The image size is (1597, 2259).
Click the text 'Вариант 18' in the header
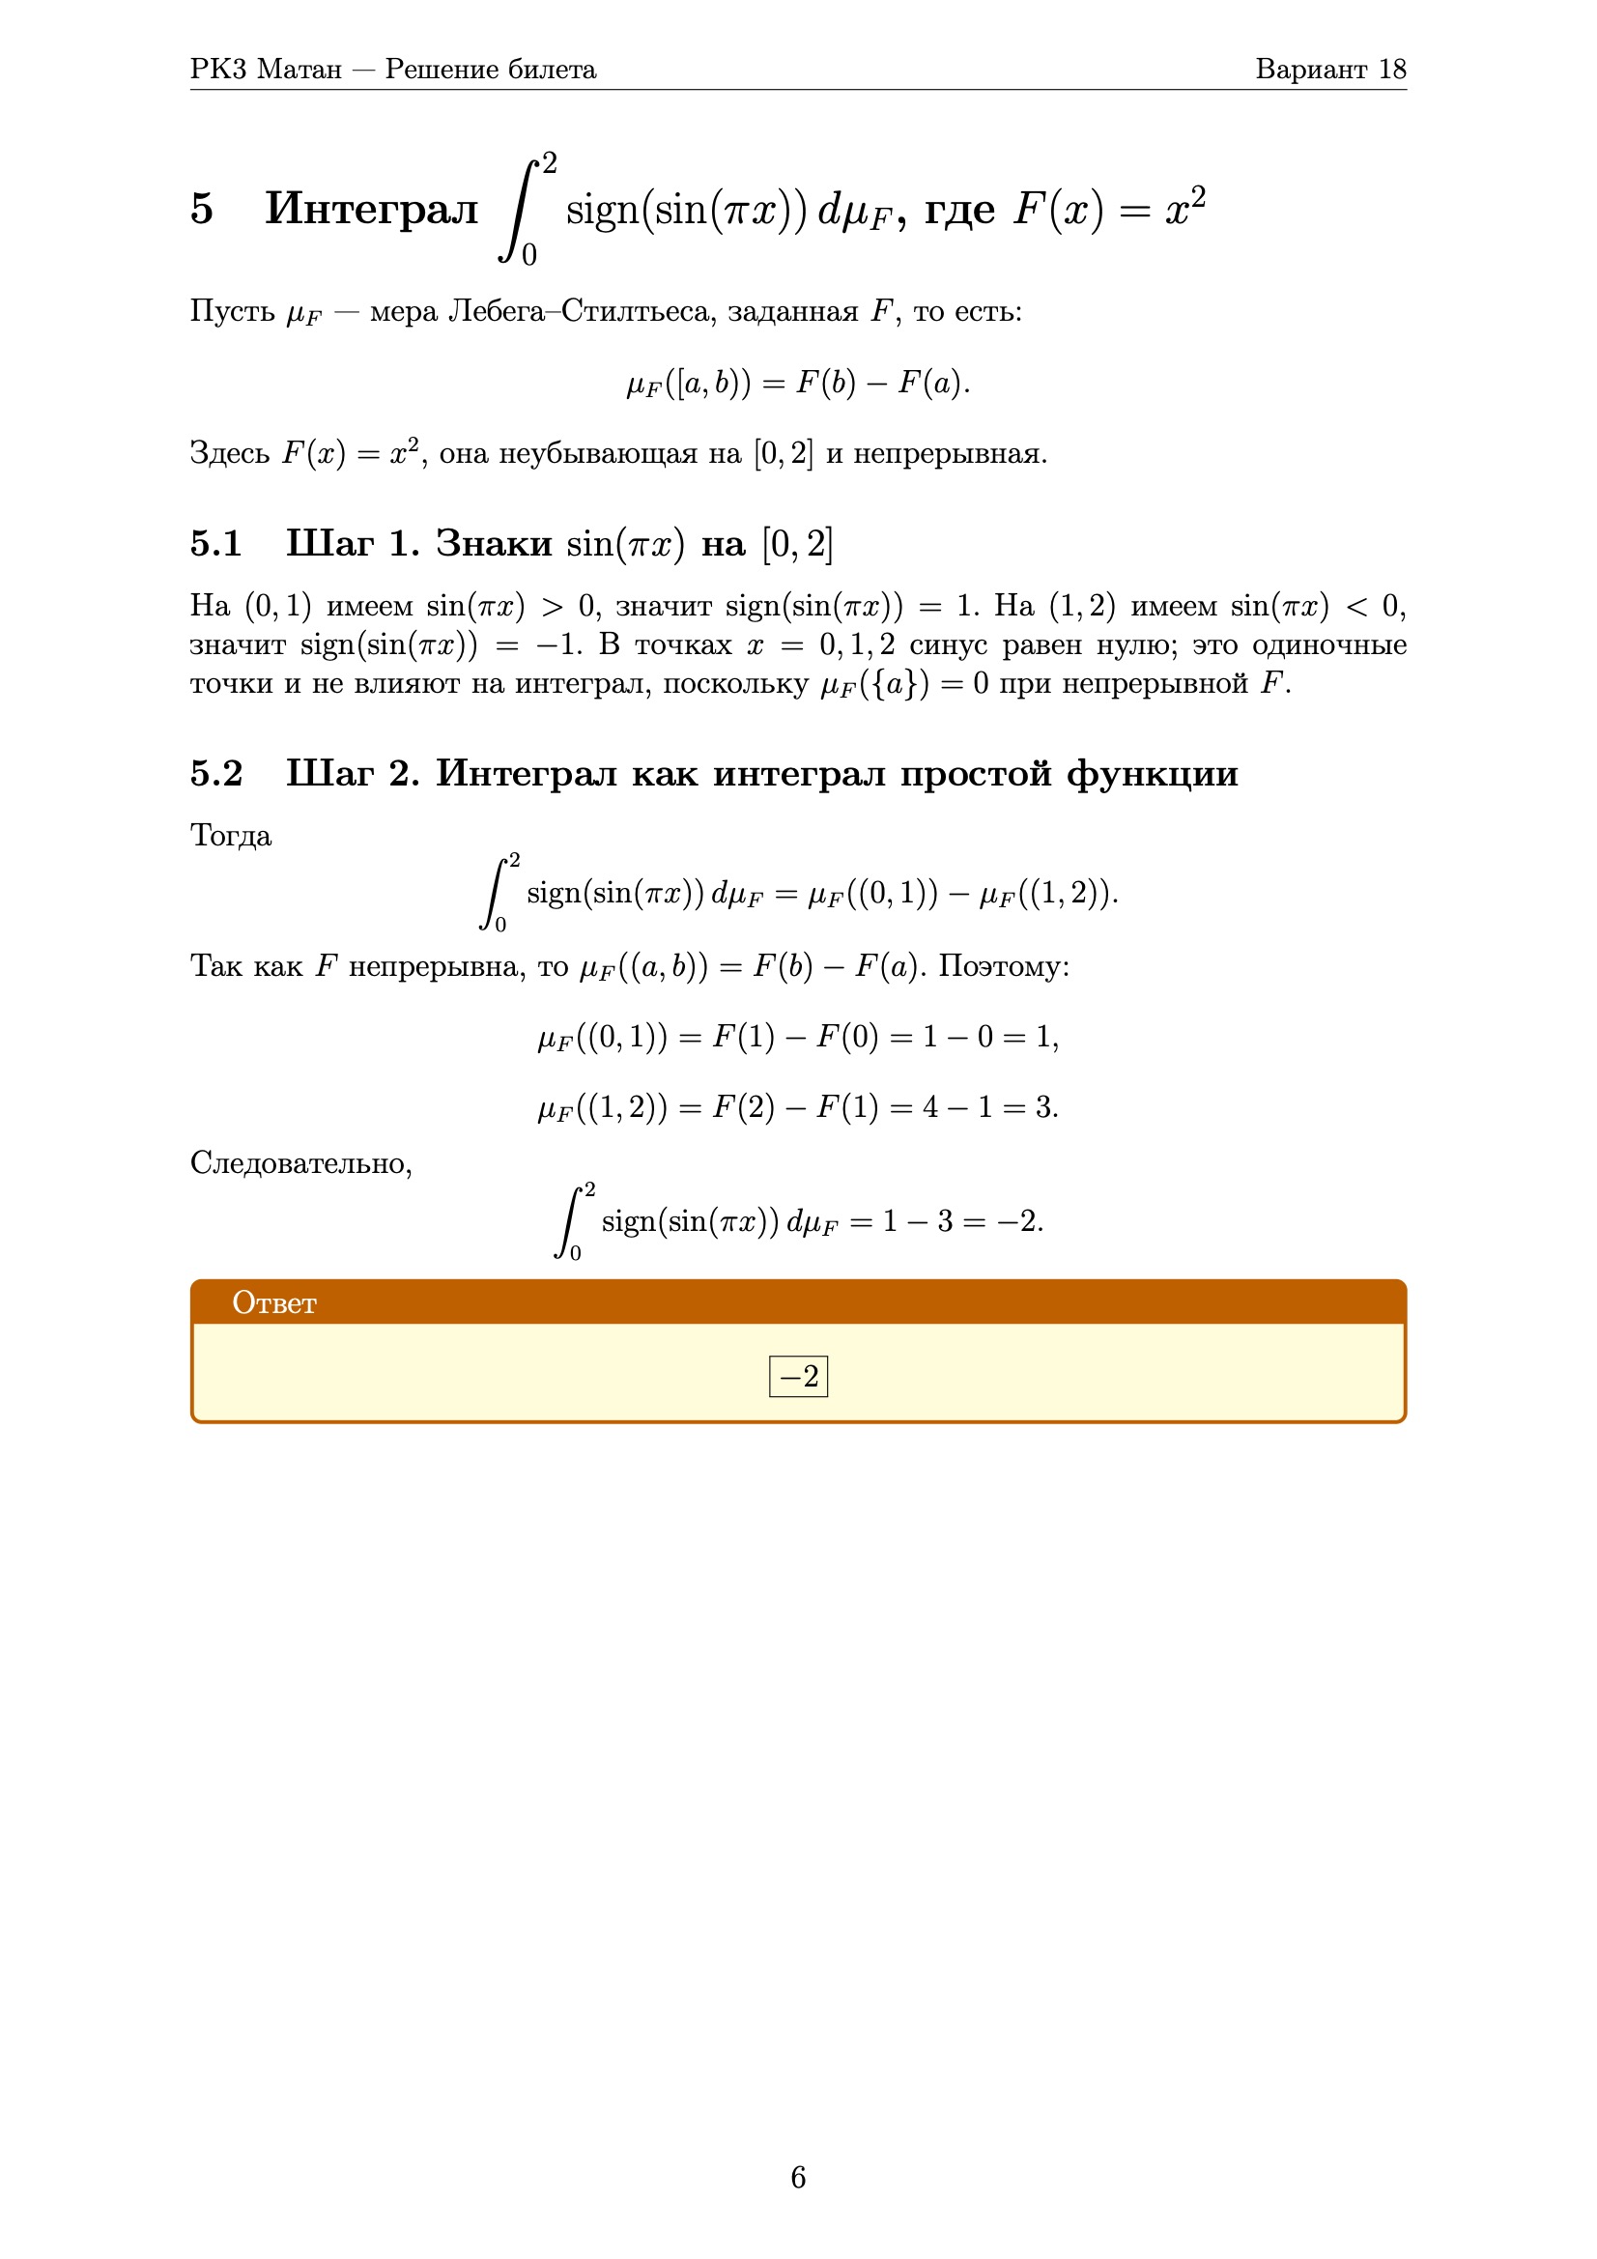pyautogui.click(x=1329, y=69)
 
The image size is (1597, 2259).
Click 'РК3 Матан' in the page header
pyautogui.click(x=266, y=69)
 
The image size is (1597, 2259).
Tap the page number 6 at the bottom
pyautogui.click(x=798, y=2176)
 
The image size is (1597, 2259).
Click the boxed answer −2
pyautogui.click(x=798, y=1376)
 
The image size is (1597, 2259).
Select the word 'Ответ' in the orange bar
pyautogui.click(x=273, y=1302)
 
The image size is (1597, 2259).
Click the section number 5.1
pyautogui.click(x=215, y=543)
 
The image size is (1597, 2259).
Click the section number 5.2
pyautogui.click(x=215, y=773)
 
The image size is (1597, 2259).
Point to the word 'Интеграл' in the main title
pyautogui.click(x=371, y=209)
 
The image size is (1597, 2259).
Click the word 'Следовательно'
pyautogui.click(x=300, y=1163)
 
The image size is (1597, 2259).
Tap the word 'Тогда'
pyautogui.click(x=230, y=836)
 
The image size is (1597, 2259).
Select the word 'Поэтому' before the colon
pyautogui.click(x=999, y=966)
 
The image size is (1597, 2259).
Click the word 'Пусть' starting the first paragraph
pyautogui.click(x=232, y=311)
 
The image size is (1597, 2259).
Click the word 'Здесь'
pyautogui.click(x=229, y=453)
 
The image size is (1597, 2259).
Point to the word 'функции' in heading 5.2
pyautogui.click(x=1153, y=773)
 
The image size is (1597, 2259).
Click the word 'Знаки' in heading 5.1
pyautogui.click(x=493, y=543)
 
